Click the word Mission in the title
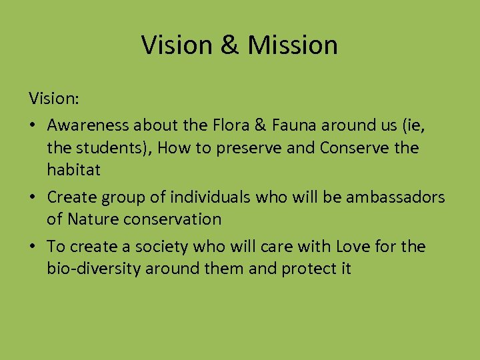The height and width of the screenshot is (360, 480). point(293,45)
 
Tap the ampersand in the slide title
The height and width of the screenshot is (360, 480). point(228,45)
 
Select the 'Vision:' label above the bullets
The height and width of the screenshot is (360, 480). point(54,99)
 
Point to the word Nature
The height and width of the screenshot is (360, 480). point(95,219)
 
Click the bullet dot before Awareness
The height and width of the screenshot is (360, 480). point(34,125)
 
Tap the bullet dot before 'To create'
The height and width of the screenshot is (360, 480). point(34,247)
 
